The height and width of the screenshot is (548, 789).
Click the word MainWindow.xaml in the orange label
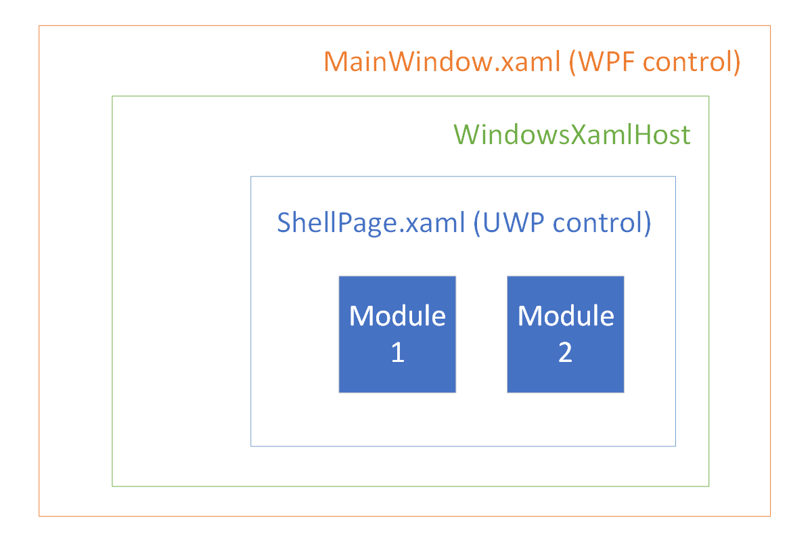tap(441, 62)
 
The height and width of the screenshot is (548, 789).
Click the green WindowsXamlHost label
tap(572, 135)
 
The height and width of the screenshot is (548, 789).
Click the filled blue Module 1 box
tap(397, 334)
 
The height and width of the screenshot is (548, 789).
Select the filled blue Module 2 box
tap(566, 334)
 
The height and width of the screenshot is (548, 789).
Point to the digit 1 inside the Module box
tap(398, 352)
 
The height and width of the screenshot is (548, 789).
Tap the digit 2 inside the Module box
tap(566, 352)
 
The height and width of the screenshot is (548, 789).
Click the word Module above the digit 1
tap(397, 316)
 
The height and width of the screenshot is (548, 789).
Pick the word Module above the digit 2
tap(566, 316)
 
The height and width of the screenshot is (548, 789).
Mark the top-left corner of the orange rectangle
tap(39, 26)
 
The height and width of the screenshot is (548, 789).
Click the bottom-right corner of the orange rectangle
tap(770, 516)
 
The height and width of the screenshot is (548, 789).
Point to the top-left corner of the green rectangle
tap(112, 96)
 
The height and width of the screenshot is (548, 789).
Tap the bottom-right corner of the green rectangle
tap(708, 486)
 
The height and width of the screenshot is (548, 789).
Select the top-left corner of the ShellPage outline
tap(251, 177)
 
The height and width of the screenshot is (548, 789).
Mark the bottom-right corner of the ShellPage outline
tap(675, 446)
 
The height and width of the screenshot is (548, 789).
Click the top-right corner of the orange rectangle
tap(770, 26)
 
